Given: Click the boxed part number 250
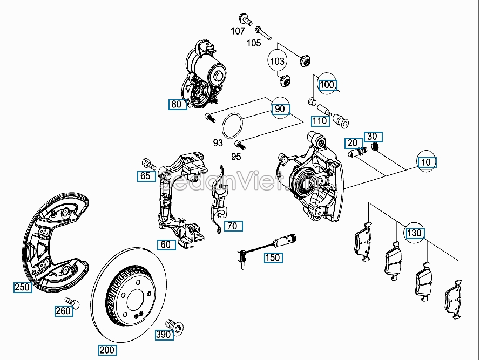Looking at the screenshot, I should point(22,287).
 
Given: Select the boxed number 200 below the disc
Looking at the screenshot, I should point(107,350).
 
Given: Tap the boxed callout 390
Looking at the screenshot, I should point(163,335).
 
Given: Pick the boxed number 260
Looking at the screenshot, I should point(63,310).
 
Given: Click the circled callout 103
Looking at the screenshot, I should point(277,61).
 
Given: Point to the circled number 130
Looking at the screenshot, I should point(414,233).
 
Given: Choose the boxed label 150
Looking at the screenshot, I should point(273,257).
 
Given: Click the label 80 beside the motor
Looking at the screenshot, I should point(177,104).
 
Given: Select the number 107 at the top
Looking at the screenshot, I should point(238,31).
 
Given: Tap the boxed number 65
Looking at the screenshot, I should point(145,175).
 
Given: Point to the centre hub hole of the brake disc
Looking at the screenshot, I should point(132,294).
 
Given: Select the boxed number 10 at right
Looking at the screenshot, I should point(426,162).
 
